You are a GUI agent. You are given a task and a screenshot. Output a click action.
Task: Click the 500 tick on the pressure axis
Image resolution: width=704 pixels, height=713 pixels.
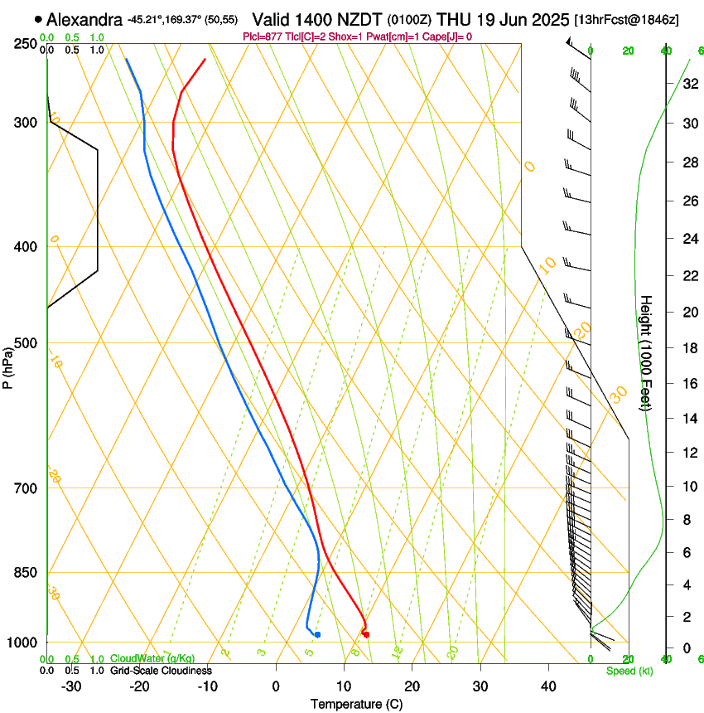[25, 343]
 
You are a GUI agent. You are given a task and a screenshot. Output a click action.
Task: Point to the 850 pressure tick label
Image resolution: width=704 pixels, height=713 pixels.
[25, 573]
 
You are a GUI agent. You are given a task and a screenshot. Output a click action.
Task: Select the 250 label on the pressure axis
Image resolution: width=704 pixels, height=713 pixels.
[25, 43]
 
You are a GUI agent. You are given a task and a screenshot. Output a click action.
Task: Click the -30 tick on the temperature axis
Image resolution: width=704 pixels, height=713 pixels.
[71, 686]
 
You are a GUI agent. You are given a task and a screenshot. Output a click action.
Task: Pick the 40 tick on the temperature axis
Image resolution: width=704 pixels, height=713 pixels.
[547, 686]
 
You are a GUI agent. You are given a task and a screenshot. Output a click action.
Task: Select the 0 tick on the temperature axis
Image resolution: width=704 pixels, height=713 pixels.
[276, 686]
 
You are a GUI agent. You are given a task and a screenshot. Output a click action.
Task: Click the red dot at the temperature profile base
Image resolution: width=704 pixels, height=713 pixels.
[366, 634]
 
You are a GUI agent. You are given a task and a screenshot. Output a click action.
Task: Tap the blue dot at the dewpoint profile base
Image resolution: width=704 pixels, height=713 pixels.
[317, 634]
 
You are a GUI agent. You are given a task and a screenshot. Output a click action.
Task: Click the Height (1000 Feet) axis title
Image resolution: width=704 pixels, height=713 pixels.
[646, 353]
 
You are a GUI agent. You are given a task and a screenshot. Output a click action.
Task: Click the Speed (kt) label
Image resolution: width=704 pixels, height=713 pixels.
[629, 671]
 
